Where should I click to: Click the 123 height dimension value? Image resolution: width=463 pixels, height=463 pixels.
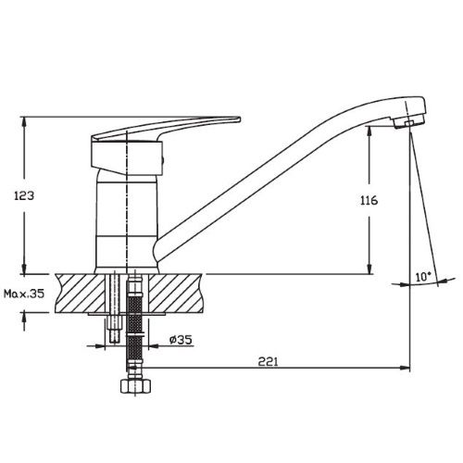tap(24, 195)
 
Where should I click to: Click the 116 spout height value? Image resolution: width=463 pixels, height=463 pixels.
tap(369, 200)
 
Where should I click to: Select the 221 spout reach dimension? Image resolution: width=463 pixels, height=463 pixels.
tap(268, 361)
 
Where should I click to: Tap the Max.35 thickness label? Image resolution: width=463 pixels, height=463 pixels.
tap(24, 294)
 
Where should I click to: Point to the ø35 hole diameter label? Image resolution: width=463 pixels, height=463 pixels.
tap(181, 340)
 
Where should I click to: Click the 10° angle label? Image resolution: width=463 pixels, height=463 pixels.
tap(423, 276)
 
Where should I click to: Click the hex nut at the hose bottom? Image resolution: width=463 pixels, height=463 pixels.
tap(135, 386)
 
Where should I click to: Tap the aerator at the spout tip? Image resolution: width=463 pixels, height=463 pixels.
tap(408, 123)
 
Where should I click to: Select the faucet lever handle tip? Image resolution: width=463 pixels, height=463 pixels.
tap(239, 119)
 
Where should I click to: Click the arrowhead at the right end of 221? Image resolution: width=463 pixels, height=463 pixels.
tap(405, 368)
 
